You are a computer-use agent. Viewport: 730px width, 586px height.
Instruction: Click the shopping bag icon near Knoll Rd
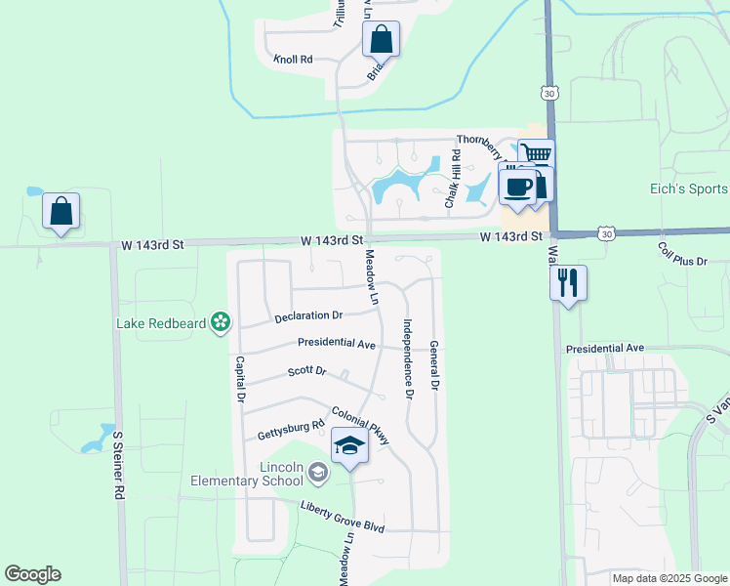(382, 41)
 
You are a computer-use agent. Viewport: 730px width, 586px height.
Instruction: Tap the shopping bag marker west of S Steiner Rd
(61, 211)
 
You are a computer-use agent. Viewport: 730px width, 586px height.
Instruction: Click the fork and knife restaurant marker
(567, 283)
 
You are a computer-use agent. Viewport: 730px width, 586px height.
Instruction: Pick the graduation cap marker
(349, 446)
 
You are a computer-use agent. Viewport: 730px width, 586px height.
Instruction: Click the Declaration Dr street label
(308, 315)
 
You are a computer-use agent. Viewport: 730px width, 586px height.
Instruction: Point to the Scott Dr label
(306, 371)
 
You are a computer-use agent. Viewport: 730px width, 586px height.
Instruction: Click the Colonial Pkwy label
(361, 426)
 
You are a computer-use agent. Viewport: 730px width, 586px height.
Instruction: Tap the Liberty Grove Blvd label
(343, 517)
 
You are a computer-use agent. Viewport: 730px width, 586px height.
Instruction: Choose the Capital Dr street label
(239, 379)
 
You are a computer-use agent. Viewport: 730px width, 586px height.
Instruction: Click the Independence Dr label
(409, 358)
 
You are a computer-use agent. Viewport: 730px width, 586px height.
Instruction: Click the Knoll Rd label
(293, 60)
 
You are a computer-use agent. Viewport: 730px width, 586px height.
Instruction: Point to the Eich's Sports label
(689, 188)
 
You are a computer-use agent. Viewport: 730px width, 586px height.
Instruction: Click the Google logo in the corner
(32, 574)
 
